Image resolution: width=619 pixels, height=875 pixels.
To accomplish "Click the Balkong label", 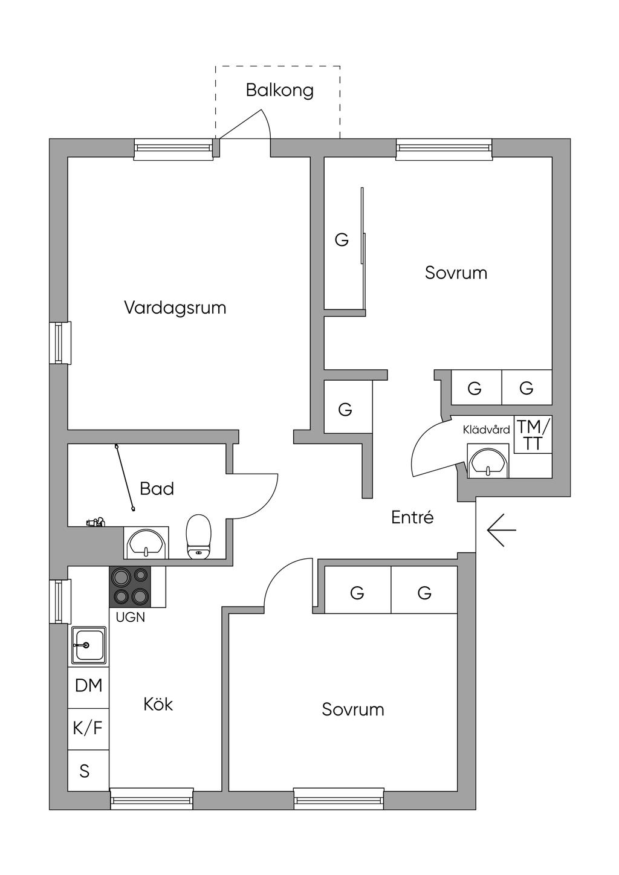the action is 280,91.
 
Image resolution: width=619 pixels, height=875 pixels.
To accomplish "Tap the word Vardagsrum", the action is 175,308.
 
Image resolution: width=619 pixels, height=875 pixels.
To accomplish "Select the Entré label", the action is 412,517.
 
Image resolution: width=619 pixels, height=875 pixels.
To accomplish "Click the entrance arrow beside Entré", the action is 501,530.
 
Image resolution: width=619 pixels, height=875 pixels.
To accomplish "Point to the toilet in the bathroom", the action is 199,537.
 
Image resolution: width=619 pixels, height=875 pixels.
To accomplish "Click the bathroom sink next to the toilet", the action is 146,542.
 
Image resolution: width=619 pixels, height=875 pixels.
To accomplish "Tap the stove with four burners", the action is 130,587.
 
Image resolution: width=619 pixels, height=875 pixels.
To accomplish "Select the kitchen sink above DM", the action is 88,646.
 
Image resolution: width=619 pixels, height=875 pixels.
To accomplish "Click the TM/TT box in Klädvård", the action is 533,434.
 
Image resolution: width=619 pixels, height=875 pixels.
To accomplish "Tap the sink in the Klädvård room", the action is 488,461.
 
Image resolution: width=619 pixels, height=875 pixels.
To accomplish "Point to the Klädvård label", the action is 486,430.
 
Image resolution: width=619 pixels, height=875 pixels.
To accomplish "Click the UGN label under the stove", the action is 131,617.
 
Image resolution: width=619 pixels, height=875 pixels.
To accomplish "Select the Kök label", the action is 158,705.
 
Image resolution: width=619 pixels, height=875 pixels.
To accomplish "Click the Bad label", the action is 157,489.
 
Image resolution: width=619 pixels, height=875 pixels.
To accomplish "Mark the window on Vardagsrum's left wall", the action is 60,343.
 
